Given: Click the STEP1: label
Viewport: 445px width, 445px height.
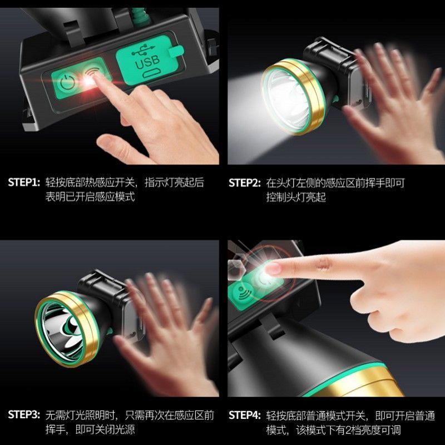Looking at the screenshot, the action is click(24, 182).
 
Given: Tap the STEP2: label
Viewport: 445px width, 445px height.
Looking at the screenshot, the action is click(245, 183).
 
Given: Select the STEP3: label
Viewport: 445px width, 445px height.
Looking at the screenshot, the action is click(24, 414).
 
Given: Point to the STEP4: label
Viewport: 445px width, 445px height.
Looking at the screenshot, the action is click(245, 415).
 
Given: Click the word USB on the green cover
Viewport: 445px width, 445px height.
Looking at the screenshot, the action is click(147, 63).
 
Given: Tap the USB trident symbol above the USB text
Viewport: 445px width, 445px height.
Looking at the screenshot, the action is click(143, 50).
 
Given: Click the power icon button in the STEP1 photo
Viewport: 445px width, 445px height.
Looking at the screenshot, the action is click(67, 82).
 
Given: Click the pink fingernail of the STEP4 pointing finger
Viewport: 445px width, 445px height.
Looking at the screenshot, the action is click(273, 269).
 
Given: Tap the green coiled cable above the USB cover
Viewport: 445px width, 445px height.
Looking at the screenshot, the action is click(139, 16).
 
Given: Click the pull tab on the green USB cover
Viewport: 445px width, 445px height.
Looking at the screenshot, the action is click(176, 51).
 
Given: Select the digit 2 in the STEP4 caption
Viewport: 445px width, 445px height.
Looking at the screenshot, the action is click(349, 430).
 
